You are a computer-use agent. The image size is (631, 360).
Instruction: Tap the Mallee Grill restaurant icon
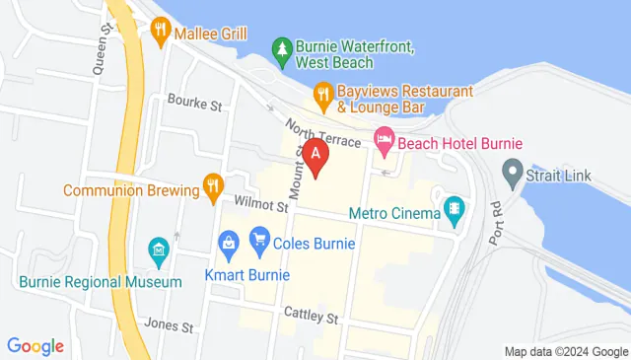(161, 33)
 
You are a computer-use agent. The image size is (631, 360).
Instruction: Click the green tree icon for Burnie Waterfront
(283, 50)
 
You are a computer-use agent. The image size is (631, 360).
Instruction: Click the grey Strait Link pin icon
(511, 175)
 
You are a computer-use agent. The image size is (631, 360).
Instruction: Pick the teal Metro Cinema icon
(453, 208)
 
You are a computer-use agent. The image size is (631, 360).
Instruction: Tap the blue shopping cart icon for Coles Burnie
(260, 238)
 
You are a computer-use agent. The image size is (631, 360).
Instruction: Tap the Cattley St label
(312, 319)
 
